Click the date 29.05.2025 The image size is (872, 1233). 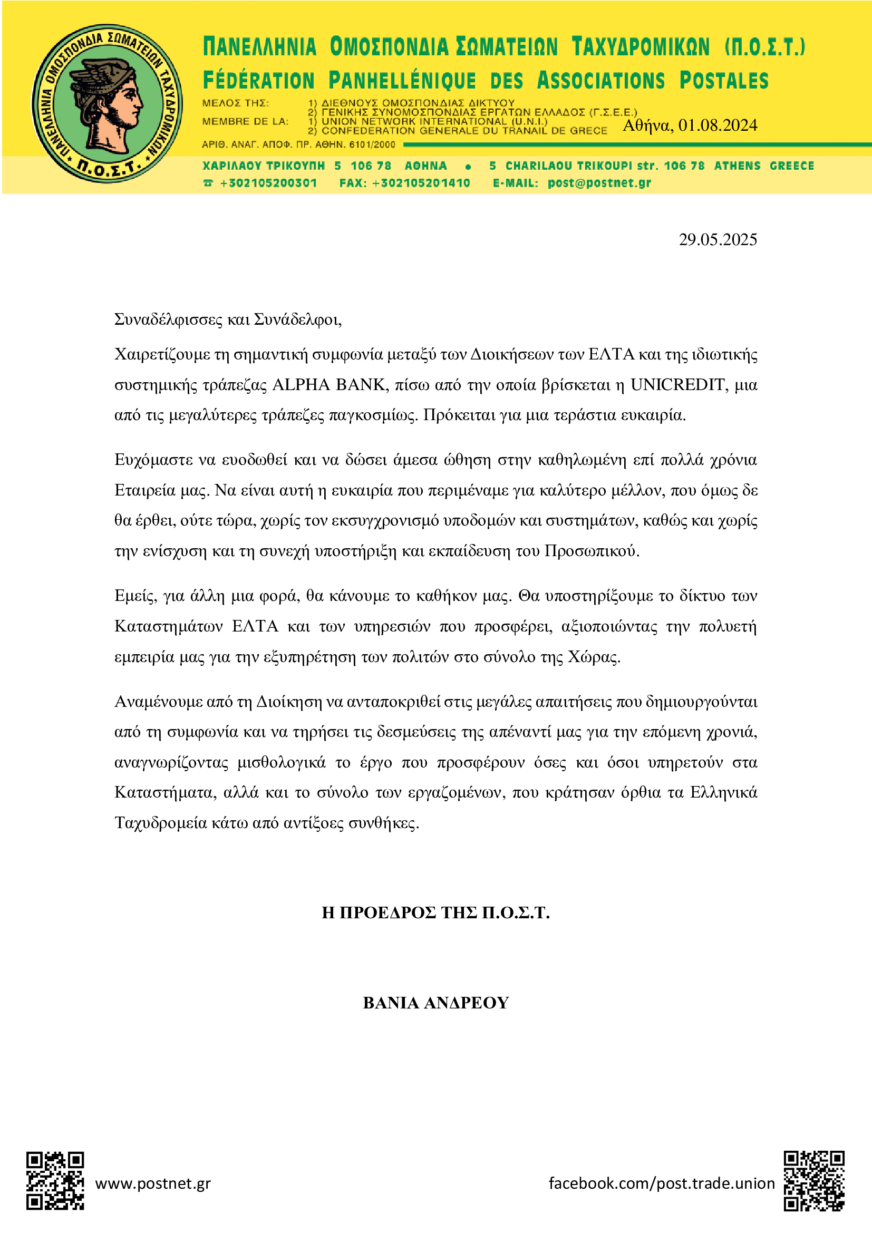(718, 239)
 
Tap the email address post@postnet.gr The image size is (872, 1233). (599, 182)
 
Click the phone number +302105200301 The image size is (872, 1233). (268, 182)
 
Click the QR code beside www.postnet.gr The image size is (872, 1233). (55, 1181)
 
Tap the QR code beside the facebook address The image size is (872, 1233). (814, 1181)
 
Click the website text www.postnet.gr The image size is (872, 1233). (153, 1183)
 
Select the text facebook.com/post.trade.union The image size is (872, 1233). (662, 1183)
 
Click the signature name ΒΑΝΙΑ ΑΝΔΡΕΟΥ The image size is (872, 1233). (435, 1003)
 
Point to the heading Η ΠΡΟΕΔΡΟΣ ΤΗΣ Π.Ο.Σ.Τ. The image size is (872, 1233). (435, 912)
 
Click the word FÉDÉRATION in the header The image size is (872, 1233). (258, 81)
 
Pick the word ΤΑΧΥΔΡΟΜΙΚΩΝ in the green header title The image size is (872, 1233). (640, 47)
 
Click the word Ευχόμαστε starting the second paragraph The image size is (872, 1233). (153, 460)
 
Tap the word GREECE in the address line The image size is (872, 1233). (791, 166)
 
